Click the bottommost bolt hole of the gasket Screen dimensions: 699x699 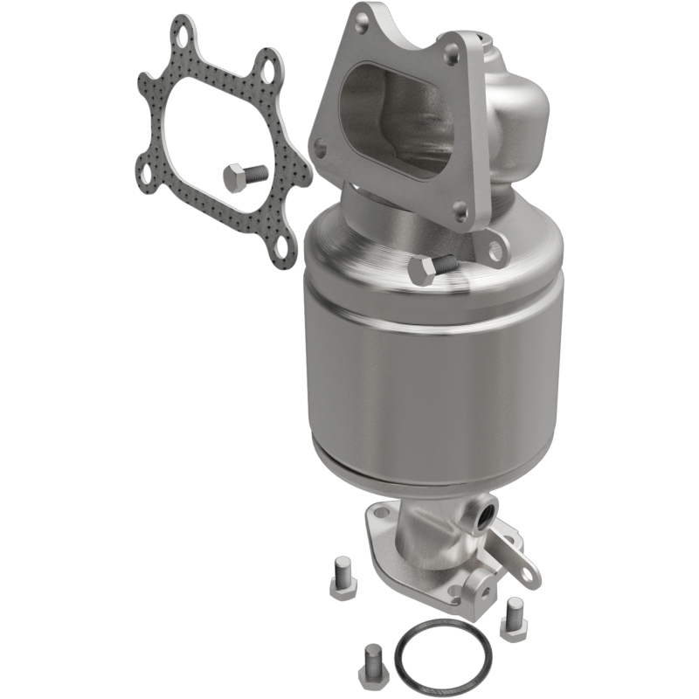click(x=280, y=254)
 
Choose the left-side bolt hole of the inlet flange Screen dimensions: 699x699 click(x=321, y=151)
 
